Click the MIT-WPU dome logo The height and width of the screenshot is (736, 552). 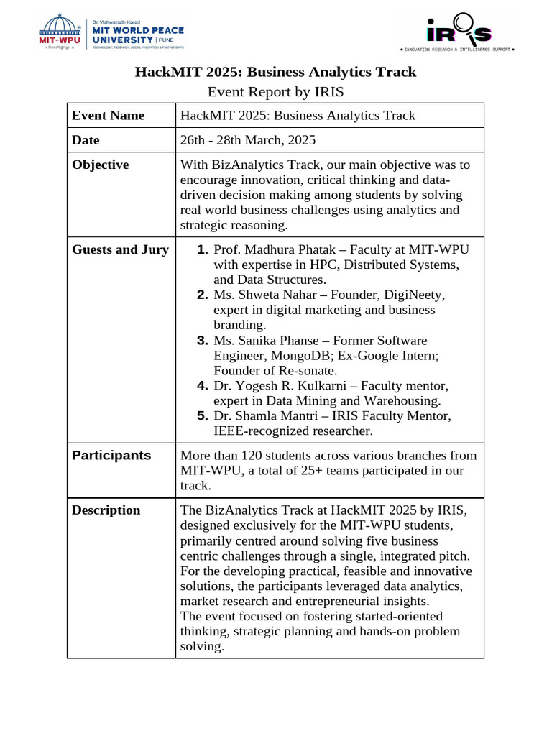[60, 31]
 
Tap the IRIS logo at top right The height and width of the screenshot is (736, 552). [459, 30]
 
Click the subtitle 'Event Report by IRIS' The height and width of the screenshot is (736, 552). [275, 91]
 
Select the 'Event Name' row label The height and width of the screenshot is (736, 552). [108, 116]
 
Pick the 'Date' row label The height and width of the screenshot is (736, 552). [86, 140]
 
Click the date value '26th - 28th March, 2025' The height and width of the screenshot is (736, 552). [248, 140]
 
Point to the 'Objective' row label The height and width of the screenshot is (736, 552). [100, 165]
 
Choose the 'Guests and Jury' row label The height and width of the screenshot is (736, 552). [120, 249]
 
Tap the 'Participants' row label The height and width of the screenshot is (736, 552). [111, 455]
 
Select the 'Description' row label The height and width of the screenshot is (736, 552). [106, 510]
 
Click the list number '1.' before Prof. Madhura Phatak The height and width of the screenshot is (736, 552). [202, 249]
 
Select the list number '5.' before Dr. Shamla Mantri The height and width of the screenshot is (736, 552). [202, 416]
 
